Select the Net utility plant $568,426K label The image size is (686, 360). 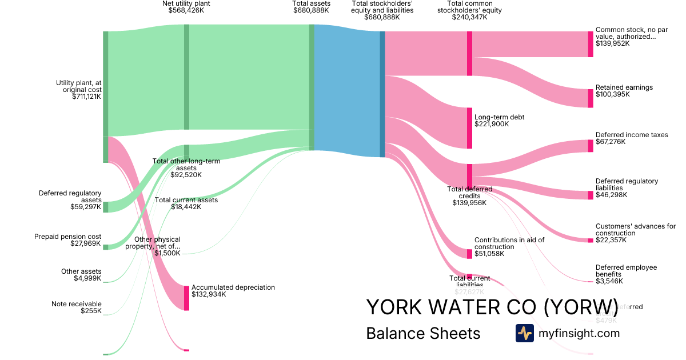click(x=186, y=7)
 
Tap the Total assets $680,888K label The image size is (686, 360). click(x=312, y=7)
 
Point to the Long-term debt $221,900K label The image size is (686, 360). click(x=499, y=121)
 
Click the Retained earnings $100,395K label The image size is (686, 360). click(x=624, y=91)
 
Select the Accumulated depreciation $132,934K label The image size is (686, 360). click(x=233, y=291)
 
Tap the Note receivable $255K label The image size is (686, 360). click(x=76, y=307)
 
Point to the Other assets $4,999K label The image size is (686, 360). click(x=81, y=275)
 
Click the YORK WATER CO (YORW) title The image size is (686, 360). click(x=492, y=307)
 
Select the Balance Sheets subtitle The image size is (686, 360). click(x=423, y=333)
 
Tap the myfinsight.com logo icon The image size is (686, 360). click(x=524, y=333)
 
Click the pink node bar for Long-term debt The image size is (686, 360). click(x=470, y=128)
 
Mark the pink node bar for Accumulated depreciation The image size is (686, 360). click(x=186, y=298)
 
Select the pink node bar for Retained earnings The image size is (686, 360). click(x=591, y=98)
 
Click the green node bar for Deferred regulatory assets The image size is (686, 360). click(x=105, y=207)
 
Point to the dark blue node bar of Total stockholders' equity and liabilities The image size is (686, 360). click(x=382, y=94)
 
